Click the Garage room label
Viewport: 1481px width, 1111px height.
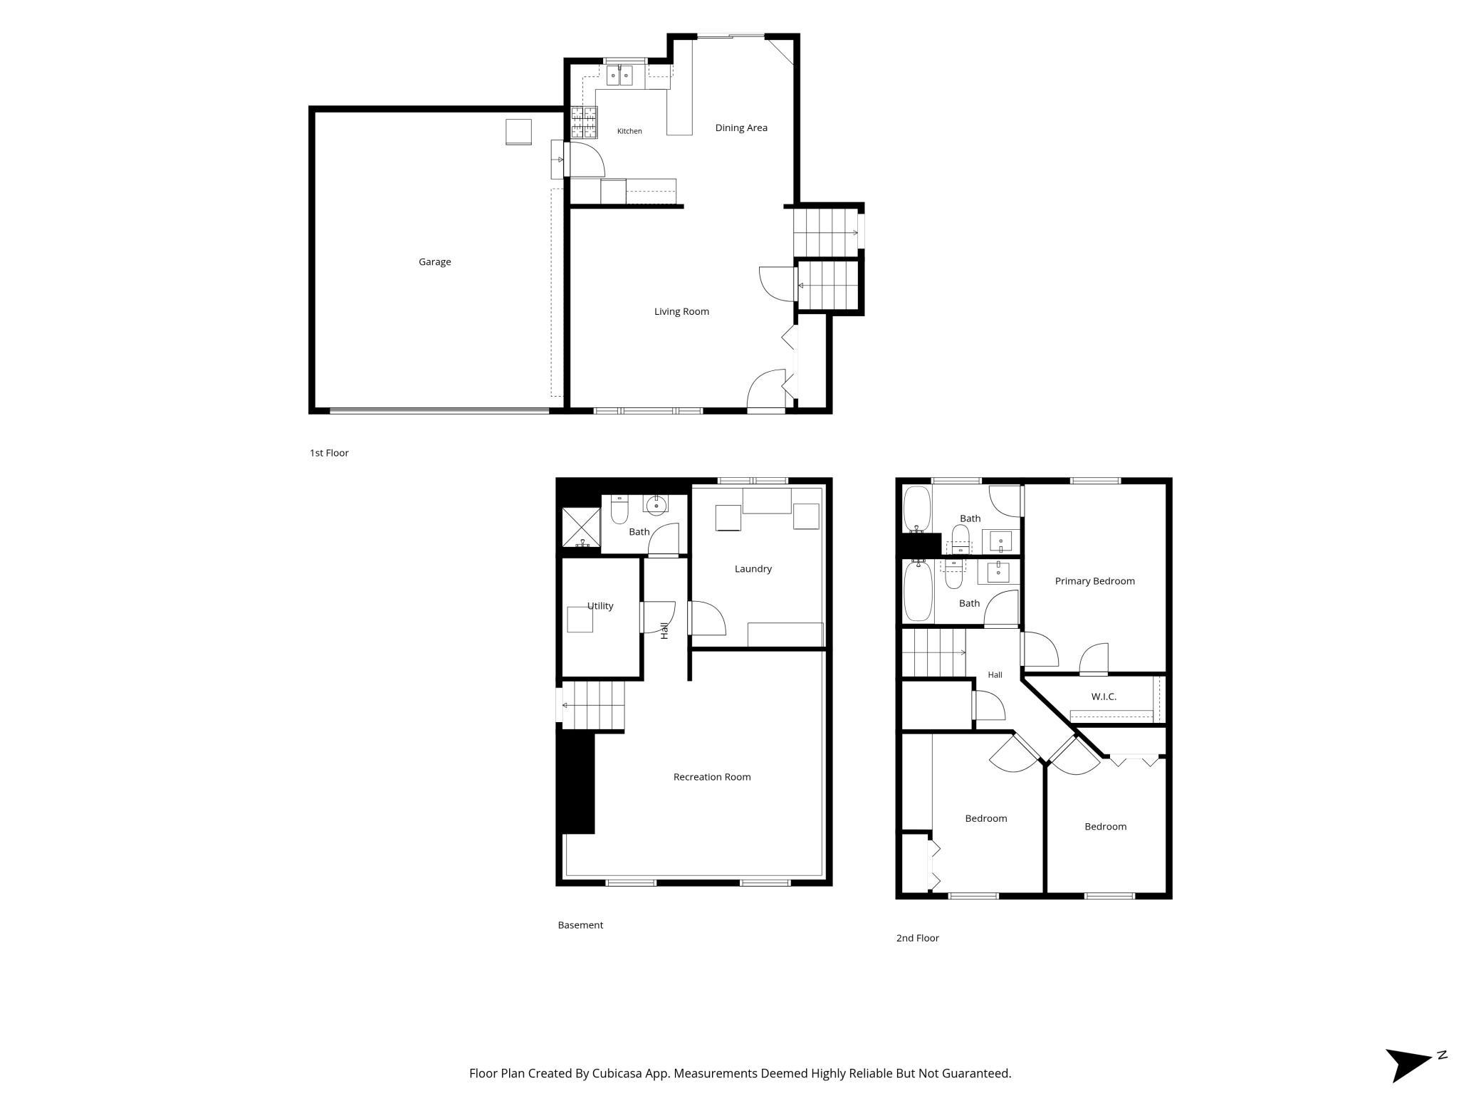[x=434, y=262]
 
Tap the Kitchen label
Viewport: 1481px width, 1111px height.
[x=629, y=131]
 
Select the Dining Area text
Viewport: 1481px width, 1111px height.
[x=741, y=128]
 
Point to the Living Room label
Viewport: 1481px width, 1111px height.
[x=681, y=311]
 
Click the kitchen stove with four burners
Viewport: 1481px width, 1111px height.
[x=584, y=122]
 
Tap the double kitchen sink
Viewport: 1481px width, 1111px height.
[x=619, y=75]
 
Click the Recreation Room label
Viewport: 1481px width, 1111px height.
[x=712, y=777]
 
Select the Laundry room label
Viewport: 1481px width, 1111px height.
[x=753, y=569]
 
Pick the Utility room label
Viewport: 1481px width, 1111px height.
[x=600, y=606]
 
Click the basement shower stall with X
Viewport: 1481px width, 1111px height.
[x=582, y=527]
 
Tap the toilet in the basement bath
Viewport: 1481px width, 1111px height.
[x=619, y=510]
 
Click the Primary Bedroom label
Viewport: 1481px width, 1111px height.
[x=1094, y=581]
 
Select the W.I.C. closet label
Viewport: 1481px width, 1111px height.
[x=1104, y=697]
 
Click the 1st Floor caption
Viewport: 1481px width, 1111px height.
[x=329, y=453]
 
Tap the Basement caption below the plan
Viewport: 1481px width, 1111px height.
[x=580, y=925]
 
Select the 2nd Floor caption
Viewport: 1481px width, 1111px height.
[x=917, y=938]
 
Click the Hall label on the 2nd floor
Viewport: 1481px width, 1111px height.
[x=995, y=675]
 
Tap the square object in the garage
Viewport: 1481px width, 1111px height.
[x=518, y=132]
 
